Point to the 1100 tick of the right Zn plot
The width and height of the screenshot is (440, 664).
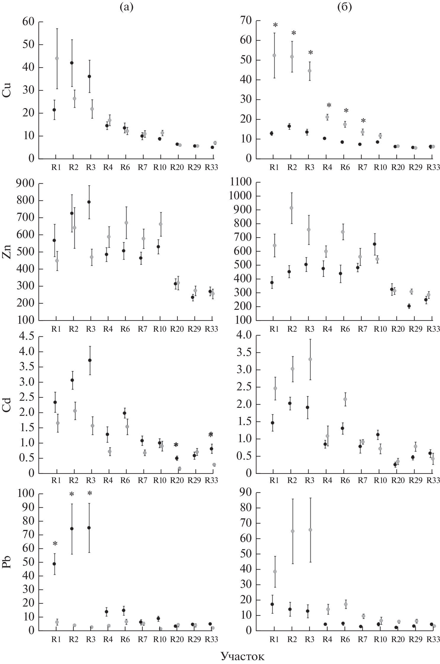[240, 182]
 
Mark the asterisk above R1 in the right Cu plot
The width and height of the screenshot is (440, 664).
[275, 25]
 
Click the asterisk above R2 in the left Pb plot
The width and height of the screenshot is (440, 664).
[72, 494]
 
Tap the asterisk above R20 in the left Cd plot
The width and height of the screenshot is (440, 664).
[176, 445]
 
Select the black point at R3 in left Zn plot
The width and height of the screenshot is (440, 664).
[89, 202]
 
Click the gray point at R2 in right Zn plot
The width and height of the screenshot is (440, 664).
[291, 208]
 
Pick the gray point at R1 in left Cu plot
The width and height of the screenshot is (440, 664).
[57, 58]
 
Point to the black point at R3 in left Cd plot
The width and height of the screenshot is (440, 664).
[90, 360]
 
